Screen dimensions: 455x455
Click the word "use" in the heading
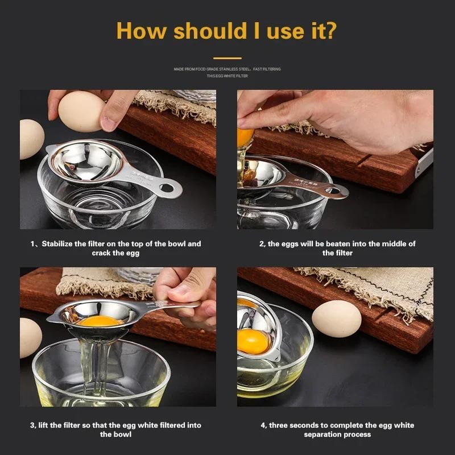pyautogui.click(x=275, y=30)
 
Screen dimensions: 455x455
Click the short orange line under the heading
pyautogui.click(x=227, y=57)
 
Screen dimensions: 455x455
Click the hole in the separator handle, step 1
pyautogui.click(x=167, y=187)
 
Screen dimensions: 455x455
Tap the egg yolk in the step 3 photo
pyautogui.click(x=100, y=321)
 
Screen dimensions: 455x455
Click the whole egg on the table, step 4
pyautogui.click(x=337, y=319)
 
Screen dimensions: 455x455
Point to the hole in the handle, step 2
pyautogui.click(x=333, y=191)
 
